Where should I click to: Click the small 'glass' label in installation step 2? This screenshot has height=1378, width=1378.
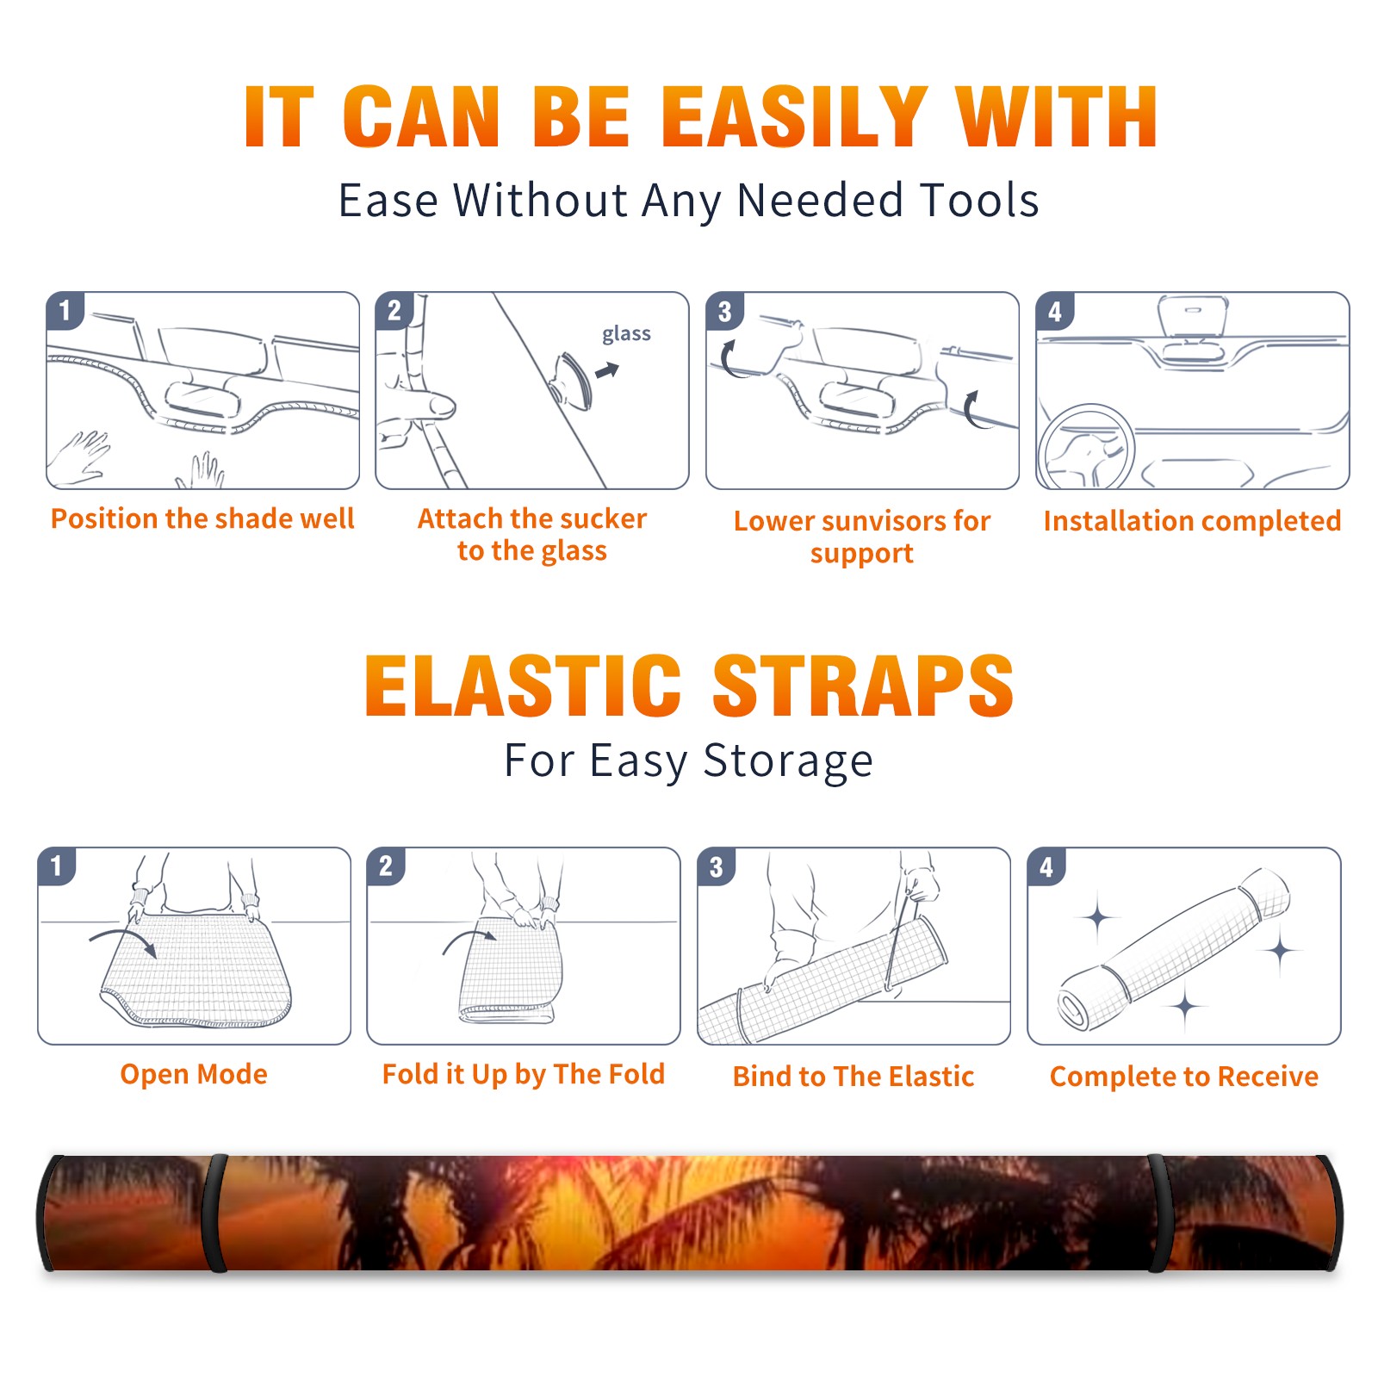pos(626,334)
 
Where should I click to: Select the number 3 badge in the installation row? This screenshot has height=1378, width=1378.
pos(724,311)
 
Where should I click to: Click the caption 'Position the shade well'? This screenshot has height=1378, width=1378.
pos(202,518)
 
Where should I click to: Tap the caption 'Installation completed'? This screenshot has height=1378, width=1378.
pos(1192,520)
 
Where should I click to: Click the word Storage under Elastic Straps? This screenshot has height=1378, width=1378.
pos(788,761)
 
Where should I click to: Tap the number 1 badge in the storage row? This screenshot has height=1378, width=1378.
pos(57,866)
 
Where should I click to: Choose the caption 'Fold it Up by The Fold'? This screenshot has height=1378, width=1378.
pos(524,1074)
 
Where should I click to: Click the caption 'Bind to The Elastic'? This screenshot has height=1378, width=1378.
pos(853,1077)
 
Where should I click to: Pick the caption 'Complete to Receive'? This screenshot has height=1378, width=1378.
pos(1184,1077)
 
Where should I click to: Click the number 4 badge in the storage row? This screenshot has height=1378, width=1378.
pos(1046,866)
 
